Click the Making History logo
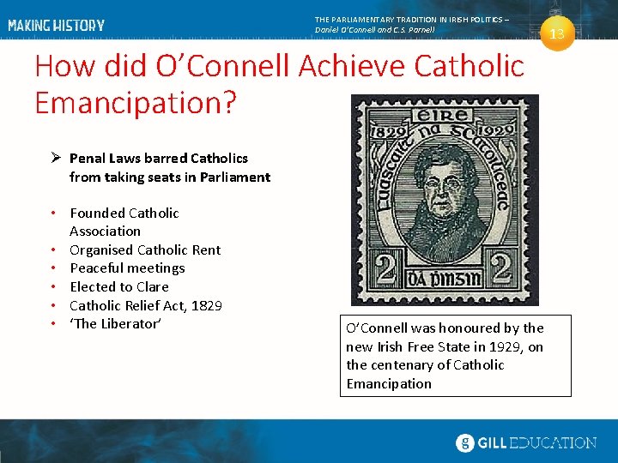tap(57, 26)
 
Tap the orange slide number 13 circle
tap(557, 34)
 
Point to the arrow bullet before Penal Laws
tap(54, 159)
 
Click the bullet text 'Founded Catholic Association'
tap(124, 221)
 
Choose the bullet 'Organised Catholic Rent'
tap(144, 250)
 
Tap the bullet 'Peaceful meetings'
tap(126, 268)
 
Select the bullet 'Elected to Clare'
tap(118, 286)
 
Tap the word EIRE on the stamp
tap(444, 116)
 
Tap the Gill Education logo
tap(525, 442)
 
